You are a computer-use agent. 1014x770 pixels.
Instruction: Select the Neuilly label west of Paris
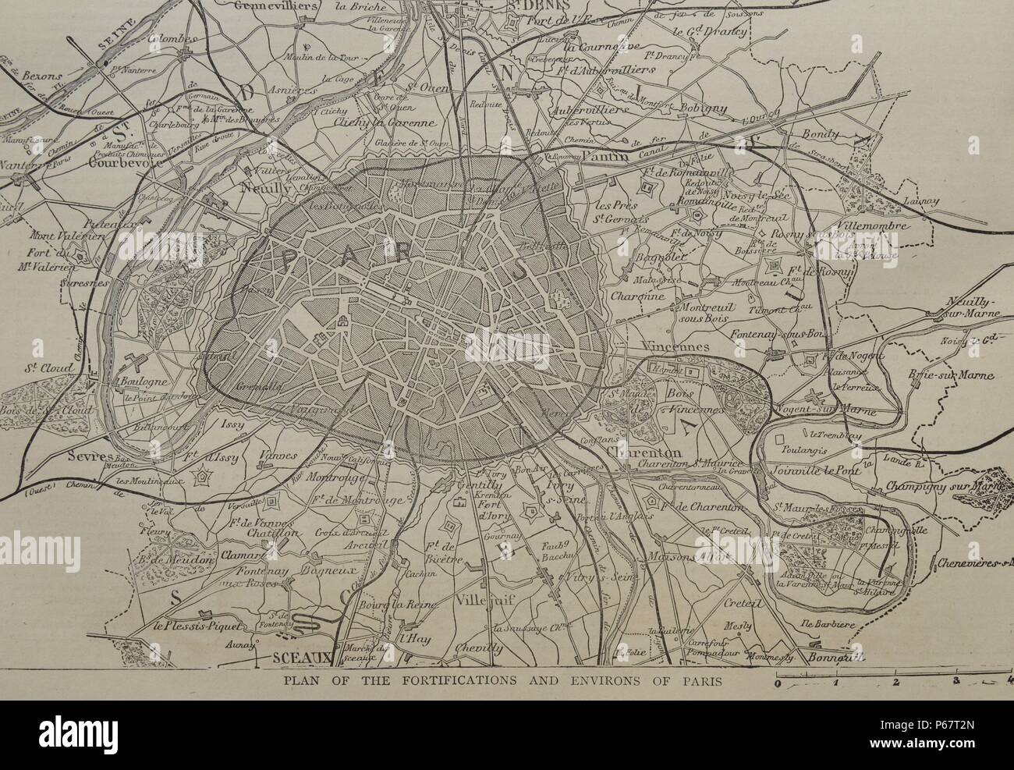tap(261, 188)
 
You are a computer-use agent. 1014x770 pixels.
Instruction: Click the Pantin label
tap(595, 157)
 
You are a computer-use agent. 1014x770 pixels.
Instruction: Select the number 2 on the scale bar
tap(895, 683)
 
